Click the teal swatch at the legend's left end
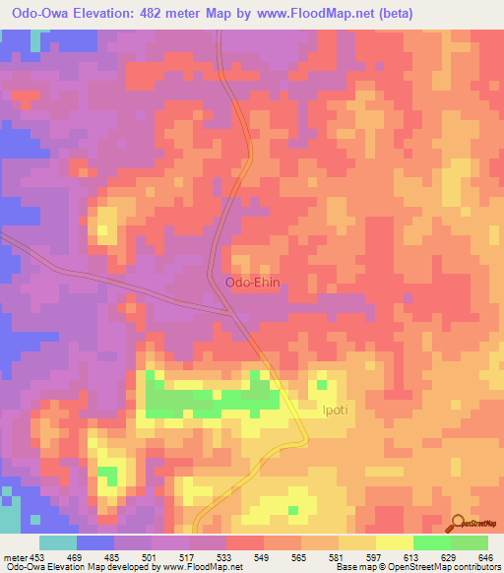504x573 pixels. point(58,542)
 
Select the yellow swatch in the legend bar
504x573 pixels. point(394,542)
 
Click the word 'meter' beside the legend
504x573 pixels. point(15,557)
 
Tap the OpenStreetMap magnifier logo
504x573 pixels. point(457,522)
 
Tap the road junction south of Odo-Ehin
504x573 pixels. point(232,313)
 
